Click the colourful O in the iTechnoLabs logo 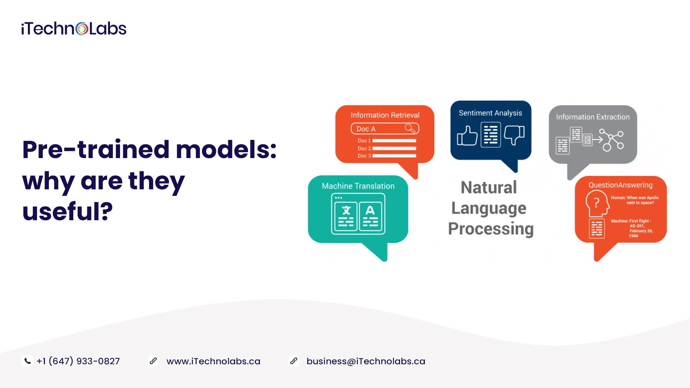point(82,29)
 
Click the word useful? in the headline point(68,211)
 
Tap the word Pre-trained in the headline point(96,149)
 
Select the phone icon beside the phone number point(27,361)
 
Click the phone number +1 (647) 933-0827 point(78,361)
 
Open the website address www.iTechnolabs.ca point(213,361)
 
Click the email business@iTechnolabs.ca point(366,361)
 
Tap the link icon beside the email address point(294,361)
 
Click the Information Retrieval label point(385,115)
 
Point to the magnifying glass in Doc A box point(410,128)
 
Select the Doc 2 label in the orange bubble point(364,148)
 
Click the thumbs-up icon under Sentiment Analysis point(467,135)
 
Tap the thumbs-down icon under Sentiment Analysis point(514,135)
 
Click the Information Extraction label point(593,117)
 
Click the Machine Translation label point(358,186)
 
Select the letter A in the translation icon point(370,210)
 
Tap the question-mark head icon point(597,203)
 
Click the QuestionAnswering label point(621,185)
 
